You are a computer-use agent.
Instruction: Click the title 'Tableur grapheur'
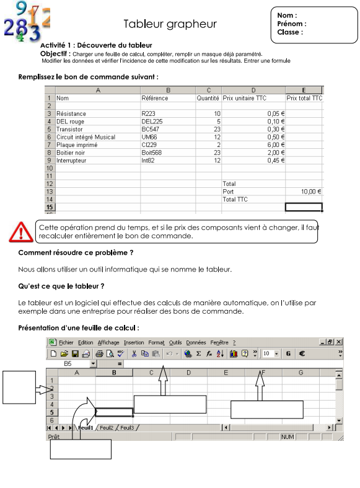(x=170, y=24)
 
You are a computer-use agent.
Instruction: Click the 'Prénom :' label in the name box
(x=291, y=24)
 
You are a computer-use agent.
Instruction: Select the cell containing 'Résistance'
(x=72, y=114)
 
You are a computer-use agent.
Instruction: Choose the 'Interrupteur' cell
(x=74, y=160)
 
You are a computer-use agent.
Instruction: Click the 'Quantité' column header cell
(x=208, y=98)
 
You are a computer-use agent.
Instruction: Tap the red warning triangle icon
(x=22, y=232)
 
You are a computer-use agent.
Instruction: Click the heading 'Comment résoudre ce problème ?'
(x=76, y=253)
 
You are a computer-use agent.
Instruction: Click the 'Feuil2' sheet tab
(x=107, y=428)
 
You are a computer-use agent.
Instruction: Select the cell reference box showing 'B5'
(x=68, y=363)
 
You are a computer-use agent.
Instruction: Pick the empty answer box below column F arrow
(x=266, y=410)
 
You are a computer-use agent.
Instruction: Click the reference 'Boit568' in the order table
(x=152, y=152)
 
